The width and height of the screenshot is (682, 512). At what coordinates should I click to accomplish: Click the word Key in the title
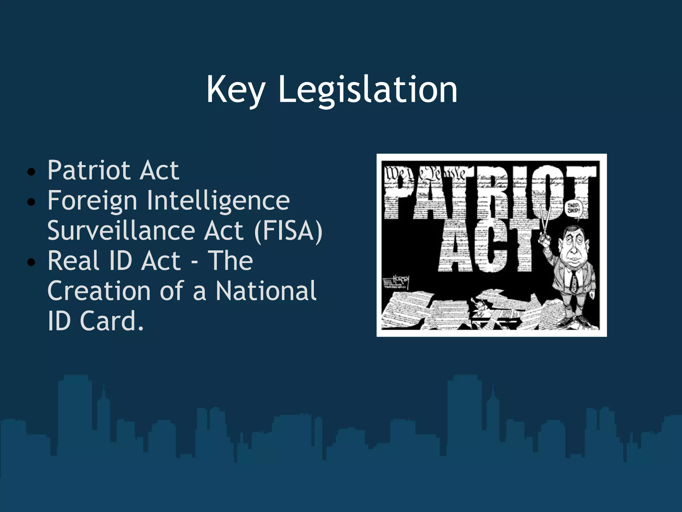pos(236,89)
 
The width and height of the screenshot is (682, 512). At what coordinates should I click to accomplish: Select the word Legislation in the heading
pos(367,89)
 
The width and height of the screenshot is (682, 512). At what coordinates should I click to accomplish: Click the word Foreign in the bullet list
pos(92,200)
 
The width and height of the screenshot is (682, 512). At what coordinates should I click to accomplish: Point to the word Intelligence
pos(218,200)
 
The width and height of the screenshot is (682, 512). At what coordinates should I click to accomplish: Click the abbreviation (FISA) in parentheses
pos(288,230)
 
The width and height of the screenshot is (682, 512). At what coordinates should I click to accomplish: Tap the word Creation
pos(99,291)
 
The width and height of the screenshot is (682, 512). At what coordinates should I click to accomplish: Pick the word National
pos(266,291)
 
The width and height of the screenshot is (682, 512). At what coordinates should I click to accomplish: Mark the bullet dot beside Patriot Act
pos(31,172)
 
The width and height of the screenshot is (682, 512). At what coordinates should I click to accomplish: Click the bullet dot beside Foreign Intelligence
pos(31,202)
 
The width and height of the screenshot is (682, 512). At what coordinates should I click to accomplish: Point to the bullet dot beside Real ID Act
pos(31,262)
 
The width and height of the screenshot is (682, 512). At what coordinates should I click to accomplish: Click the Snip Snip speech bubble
pos(573,208)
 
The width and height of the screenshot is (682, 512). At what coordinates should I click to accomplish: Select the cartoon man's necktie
pos(574,282)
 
